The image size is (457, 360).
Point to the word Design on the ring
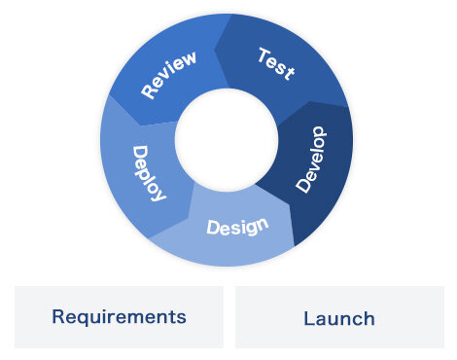tap(237, 227)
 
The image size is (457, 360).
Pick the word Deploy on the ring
tap(149, 173)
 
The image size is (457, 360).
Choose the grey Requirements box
tap(119, 316)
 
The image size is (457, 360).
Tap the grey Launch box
tap(339, 317)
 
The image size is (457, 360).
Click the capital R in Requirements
tap(58, 316)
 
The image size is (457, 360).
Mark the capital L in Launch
tap(308, 318)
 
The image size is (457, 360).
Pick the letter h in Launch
tap(369, 318)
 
